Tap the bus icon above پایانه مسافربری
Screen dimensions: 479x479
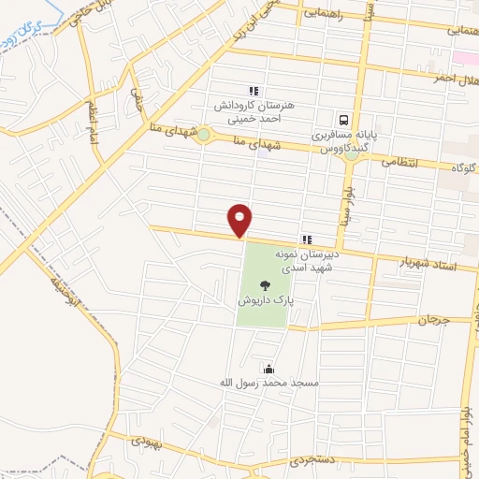point(344,120)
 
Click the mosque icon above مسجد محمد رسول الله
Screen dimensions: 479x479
point(269,369)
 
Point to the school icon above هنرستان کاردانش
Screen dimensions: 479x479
point(253,90)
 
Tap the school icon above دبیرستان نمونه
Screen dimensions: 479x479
point(307,240)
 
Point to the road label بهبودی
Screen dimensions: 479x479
point(147,440)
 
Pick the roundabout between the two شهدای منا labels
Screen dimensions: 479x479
point(203,136)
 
